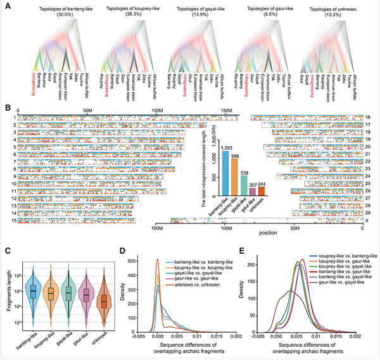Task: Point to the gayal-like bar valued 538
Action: (244, 186)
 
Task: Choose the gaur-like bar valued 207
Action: (253, 192)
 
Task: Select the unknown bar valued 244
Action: (261, 191)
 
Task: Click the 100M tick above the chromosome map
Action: (150, 109)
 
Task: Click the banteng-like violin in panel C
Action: (33, 290)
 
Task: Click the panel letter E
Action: (254, 251)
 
